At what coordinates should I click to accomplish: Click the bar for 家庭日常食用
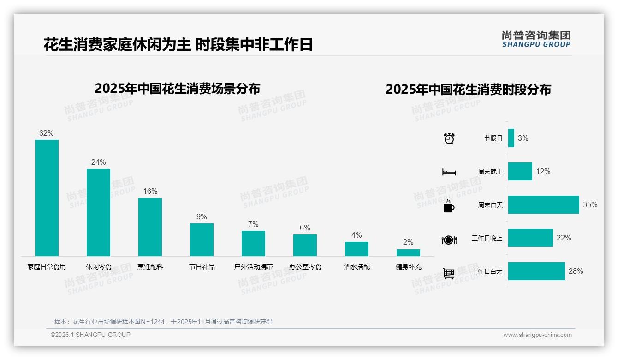click(x=47, y=198)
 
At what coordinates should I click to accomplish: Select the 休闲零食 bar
click(x=98, y=212)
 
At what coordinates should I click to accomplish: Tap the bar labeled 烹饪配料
click(x=150, y=227)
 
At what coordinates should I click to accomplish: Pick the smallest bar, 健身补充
click(x=408, y=252)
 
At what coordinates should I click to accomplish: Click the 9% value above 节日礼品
click(x=202, y=217)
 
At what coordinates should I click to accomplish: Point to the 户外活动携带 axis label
click(x=253, y=267)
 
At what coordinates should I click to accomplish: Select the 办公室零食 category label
click(x=305, y=267)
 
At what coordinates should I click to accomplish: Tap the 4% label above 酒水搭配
click(x=357, y=235)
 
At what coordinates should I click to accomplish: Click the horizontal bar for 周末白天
click(x=543, y=204)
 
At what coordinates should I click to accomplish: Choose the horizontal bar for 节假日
click(x=511, y=138)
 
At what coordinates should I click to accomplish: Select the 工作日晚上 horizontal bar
click(x=530, y=238)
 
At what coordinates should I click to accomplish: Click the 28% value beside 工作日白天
click(x=576, y=271)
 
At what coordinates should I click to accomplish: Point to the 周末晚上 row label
click(x=490, y=172)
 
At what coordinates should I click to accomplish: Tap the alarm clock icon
click(x=449, y=138)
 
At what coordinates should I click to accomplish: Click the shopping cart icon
click(x=449, y=274)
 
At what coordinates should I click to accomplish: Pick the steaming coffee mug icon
click(x=449, y=206)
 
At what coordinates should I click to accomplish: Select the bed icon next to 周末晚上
click(x=449, y=172)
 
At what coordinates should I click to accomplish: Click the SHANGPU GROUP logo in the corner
click(x=536, y=39)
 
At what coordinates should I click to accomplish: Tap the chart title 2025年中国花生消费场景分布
click(x=178, y=89)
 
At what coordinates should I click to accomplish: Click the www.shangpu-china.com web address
click(x=537, y=335)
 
